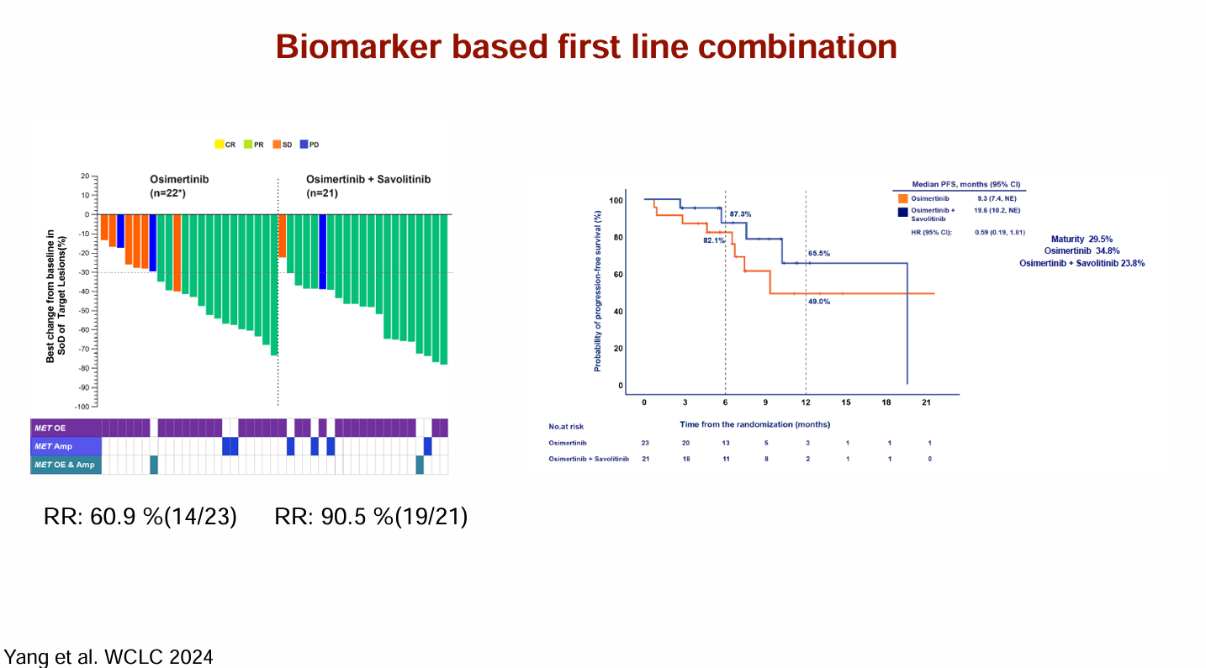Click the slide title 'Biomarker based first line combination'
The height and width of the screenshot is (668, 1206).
point(586,46)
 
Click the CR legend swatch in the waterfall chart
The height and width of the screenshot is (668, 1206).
point(219,145)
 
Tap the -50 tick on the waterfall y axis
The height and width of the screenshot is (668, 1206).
point(85,311)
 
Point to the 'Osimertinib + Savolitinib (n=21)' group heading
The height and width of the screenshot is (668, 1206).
point(368,186)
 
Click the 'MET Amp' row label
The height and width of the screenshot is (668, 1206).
point(54,446)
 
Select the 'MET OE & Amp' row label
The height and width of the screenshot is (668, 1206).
point(65,465)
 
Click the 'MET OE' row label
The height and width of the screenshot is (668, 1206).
point(50,429)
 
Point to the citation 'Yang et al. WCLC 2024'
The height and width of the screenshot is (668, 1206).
point(108,656)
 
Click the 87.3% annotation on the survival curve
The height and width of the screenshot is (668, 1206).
point(740,214)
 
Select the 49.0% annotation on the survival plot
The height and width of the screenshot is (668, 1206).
point(819,301)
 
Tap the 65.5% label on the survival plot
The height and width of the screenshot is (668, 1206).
point(819,253)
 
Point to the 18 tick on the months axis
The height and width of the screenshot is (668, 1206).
point(886,402)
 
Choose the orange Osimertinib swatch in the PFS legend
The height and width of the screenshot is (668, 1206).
point(902,198)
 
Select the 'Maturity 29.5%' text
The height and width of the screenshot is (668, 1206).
point(1082,239)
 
